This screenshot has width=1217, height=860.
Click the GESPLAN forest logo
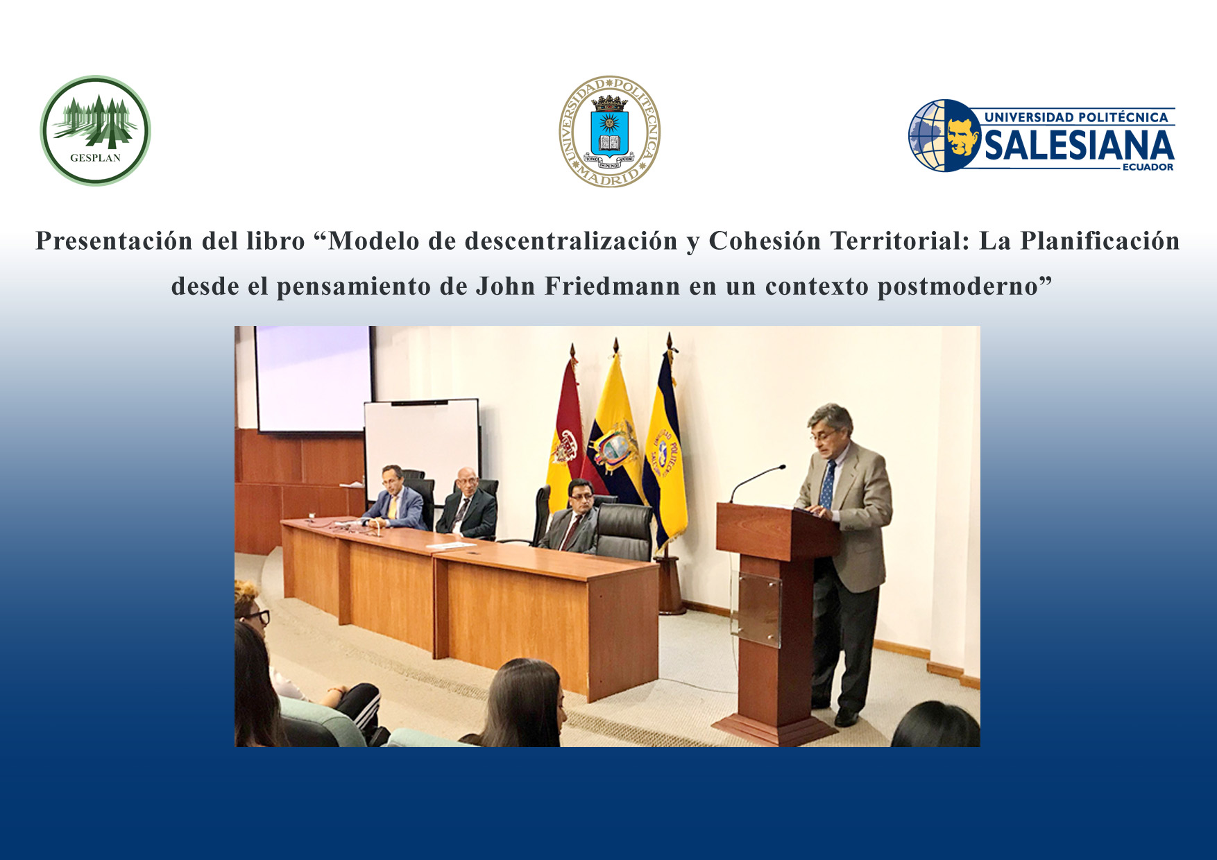(x=95, y=130)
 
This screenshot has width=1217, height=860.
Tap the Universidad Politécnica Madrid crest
(x=609, y=131)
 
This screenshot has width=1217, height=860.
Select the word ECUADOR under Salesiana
(x=1148, y=167)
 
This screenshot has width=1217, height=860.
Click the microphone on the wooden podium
(x=756, y=482)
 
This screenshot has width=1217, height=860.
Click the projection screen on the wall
(x=313, y=379)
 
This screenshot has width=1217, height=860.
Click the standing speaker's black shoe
(x=846, y=716)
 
